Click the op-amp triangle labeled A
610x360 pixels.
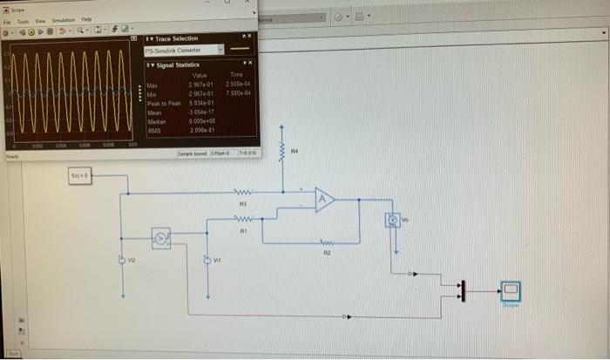pos(325,200)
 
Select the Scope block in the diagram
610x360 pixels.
pos(510,290)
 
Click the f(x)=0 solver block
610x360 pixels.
pos(84,177)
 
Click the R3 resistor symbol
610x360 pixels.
pos(245,193)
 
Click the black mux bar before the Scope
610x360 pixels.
pos(464,289)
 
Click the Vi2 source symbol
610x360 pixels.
pos(122,259)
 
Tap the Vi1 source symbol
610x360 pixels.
pos(206,258)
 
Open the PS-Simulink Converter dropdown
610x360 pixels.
pos(220,51)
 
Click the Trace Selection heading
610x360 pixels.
pos(175,38)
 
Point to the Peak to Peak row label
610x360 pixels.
pos(163,103)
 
